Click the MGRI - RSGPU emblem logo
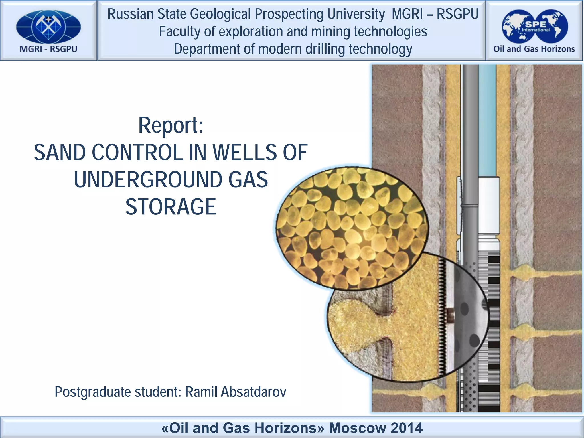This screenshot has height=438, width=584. tap(48, 27)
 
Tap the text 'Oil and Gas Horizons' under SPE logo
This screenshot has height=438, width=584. tap(534, 49)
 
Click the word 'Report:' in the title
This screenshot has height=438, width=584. tap(171, 125)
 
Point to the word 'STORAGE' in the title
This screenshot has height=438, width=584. tap(171, 207)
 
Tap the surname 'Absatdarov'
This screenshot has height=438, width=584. tap(253, 392)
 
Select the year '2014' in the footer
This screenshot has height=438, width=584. tap(407, 428)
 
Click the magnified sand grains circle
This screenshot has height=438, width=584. tap(351, 228)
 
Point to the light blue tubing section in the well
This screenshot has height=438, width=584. tap(487, 120)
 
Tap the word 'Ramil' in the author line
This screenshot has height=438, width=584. tap(201, 392)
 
